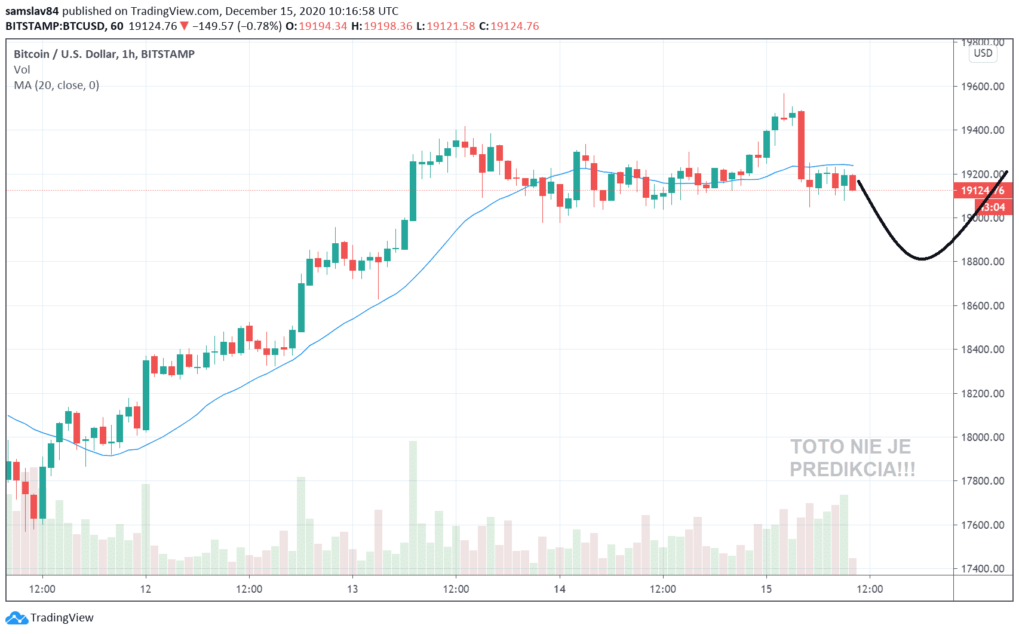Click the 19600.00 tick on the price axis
(x=982, y=87)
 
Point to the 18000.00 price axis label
(x=982, y=437)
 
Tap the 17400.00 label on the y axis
(x=982, y=569)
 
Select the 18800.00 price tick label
(x=982, y=262)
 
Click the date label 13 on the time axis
(x=352, y=589)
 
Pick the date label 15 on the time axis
(x=766, y=589)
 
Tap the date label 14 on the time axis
(x=559, y=589)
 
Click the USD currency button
(x=983, y=53)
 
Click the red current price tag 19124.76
(x=982, y=191)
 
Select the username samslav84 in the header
(x=32, y=11)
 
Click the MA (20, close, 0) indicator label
(x=57, y=85)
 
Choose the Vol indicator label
(x=22, y=70)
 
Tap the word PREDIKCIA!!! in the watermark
(x=852, y=470)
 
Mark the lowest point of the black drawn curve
(x=922, y=259)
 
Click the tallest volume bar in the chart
(x=413, y=508)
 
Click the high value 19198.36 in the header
(x=388, y=26)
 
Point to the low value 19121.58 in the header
(x=450, y=26)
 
